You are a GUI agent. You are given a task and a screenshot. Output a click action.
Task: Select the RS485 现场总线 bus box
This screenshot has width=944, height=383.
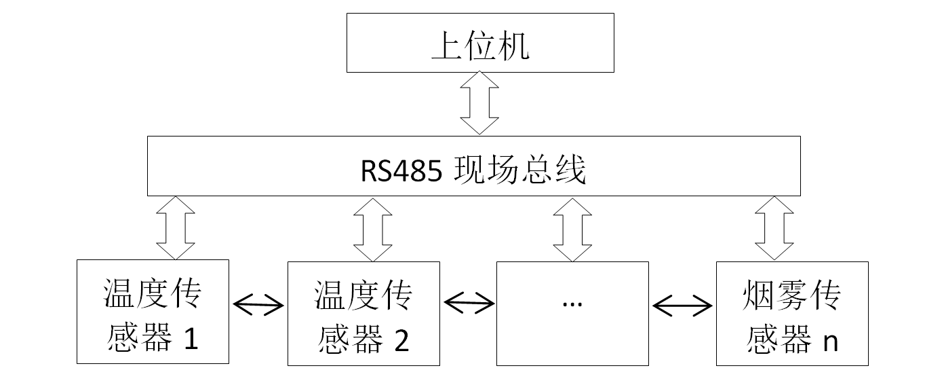(x=474, y=166)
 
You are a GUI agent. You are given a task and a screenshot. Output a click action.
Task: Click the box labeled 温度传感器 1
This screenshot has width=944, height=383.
(x=153, y=312)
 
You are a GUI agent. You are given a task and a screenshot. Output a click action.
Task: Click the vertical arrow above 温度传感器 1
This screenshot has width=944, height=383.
(x=176, y=227)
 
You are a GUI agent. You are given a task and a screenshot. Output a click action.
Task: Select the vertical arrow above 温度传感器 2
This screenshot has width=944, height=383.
(x=373, y=229)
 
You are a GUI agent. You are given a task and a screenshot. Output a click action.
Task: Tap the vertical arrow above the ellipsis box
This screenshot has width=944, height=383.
(x=572, y=229)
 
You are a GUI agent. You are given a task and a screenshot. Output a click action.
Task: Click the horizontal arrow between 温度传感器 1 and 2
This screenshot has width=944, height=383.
(x=258, y=304)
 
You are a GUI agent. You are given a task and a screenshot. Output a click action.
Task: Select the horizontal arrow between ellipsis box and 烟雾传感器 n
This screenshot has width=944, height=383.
(x=682, y=305)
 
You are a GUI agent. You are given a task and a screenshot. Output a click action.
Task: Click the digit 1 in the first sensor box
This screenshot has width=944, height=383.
(x=191, y=340)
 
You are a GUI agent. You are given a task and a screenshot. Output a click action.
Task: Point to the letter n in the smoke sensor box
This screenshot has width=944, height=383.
(x=829, y=341)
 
